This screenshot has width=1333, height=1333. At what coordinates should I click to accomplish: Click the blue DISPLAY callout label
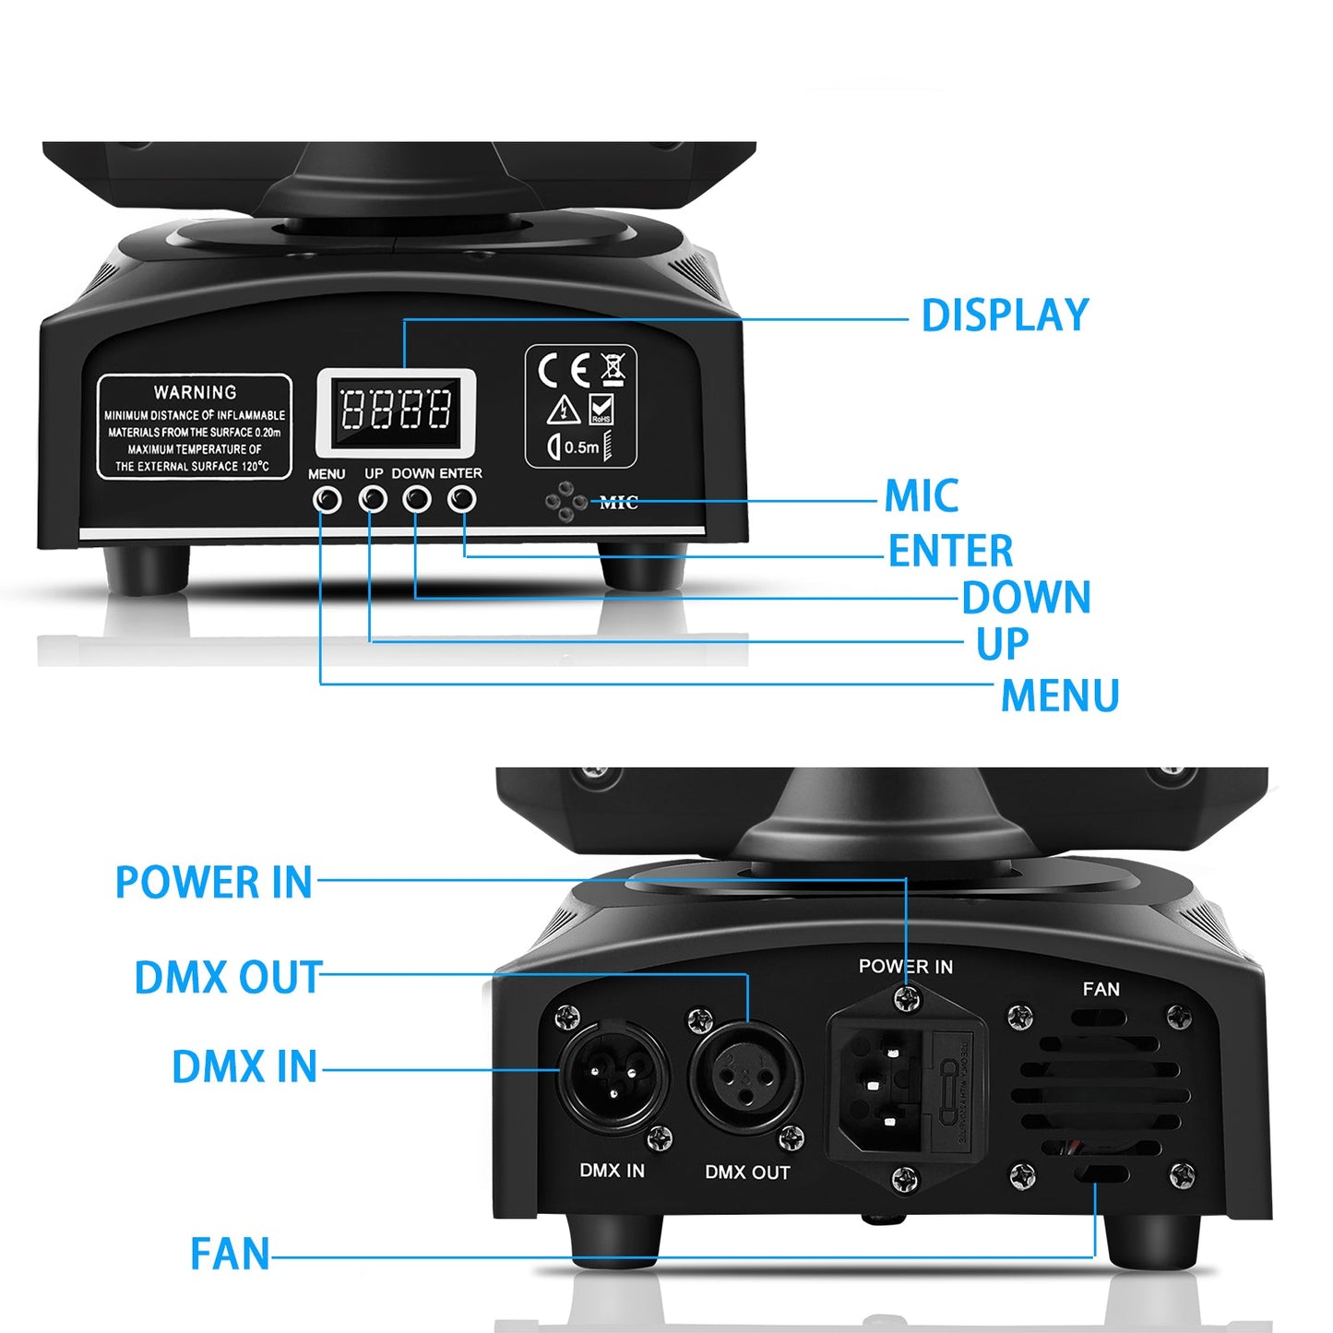[x=1005, y=315]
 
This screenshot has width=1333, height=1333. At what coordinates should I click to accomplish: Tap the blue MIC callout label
[x=921, y=496]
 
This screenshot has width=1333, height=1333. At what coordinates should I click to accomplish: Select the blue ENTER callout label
[x=950, y=551]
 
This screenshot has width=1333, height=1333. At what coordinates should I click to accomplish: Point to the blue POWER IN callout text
[x=214, y=882]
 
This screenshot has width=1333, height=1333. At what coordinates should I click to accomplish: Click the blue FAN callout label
[x=230, y=1254]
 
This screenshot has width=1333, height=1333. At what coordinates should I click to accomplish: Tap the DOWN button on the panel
[x=417, y=499]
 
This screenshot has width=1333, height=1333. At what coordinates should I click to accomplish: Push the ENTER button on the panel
[x=462, y=499]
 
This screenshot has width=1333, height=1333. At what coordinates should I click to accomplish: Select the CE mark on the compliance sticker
[x=563, y=371]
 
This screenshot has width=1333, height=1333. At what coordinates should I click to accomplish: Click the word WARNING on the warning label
[x=195, y=392]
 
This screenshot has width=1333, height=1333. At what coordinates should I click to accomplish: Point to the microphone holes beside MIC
[x=565, y=502]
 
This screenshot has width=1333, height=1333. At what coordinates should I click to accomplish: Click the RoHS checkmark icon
[x=601, y=408]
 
